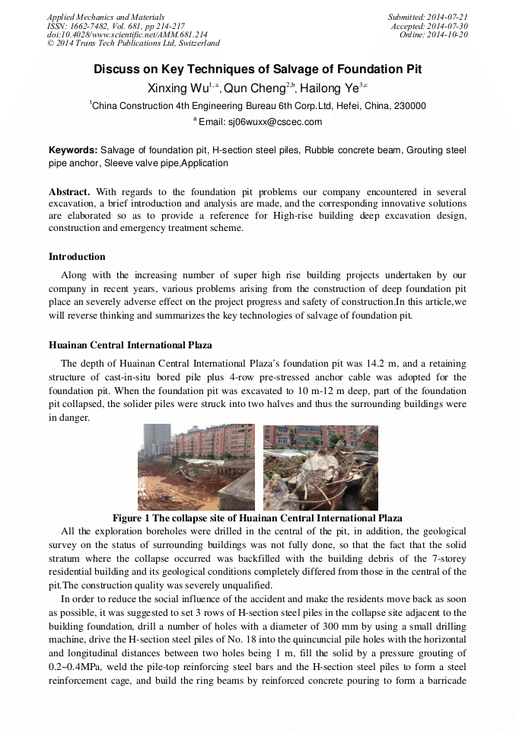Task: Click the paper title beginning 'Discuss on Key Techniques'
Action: point(257,69)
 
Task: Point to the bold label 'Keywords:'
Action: point(73,151)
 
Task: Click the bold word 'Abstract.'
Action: point(70,191)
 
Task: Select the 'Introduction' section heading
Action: point(77,257)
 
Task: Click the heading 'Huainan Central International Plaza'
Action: point(130,345)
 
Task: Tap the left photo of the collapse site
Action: point(196,467)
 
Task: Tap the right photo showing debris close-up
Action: point(320,467)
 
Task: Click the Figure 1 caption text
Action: point(257,518)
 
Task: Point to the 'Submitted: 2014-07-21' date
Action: point(428,17)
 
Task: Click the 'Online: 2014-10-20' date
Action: point(434,35)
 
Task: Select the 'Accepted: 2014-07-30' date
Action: point(429,26)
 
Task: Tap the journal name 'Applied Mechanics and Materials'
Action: point(106,17)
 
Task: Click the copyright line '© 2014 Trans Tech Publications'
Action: point(133,44)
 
